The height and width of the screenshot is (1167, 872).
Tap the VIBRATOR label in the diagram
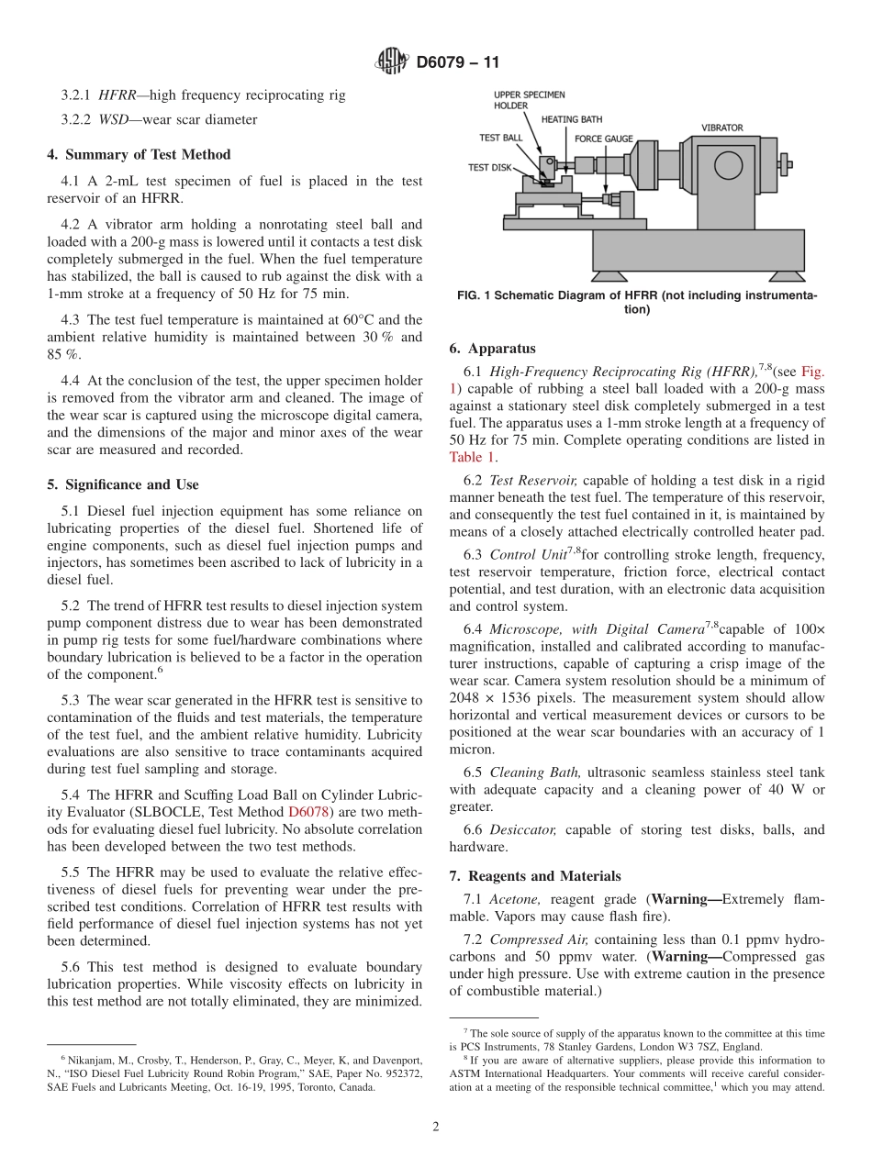721,128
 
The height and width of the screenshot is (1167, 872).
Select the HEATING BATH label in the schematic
572,119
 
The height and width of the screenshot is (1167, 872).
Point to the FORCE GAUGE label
603,139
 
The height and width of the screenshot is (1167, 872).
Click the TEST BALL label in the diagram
501,138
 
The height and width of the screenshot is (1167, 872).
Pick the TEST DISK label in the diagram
490,167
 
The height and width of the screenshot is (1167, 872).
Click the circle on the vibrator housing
727,165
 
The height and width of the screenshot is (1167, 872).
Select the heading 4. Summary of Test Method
139,154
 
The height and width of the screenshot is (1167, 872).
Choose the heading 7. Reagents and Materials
534,876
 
